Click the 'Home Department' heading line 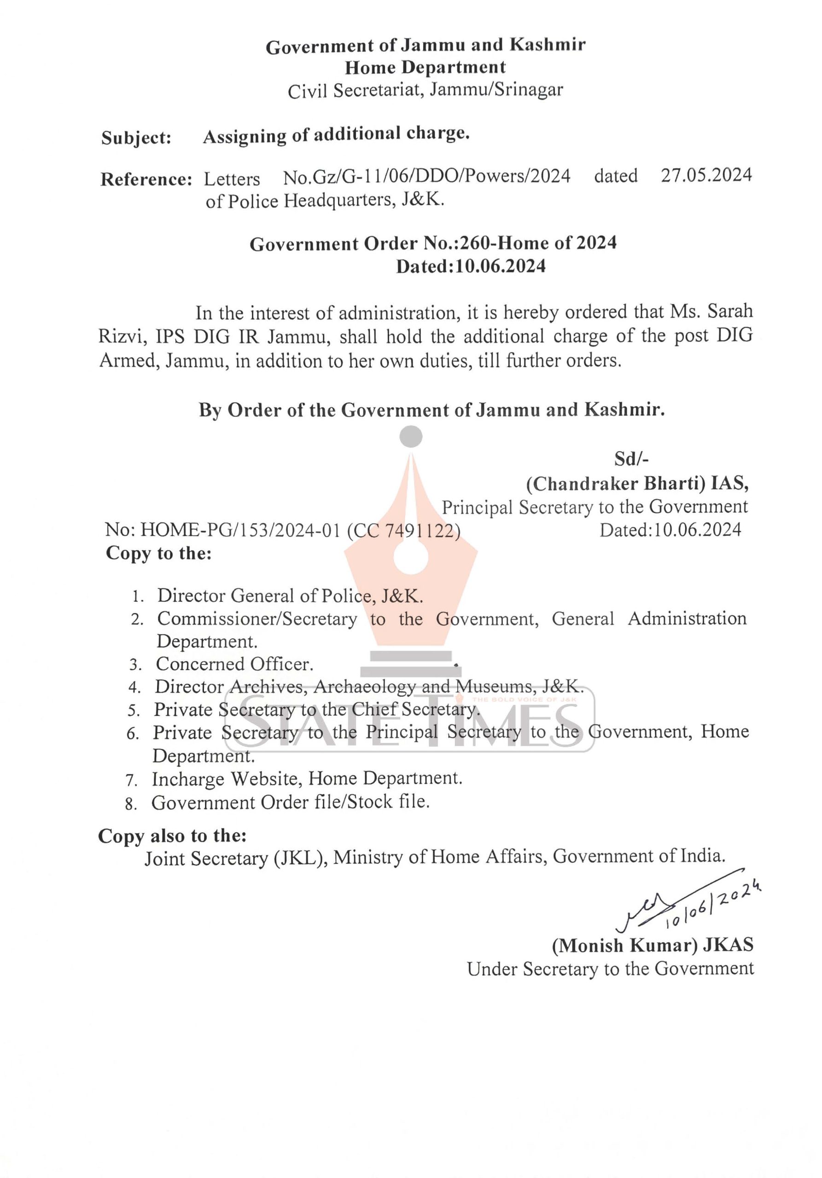[x=425, y=67]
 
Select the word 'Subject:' [x=136, y=138]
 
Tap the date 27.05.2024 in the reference [x=706, y=175]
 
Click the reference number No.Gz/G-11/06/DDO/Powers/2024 [x=426, y=177]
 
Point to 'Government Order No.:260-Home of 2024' [x=433, y=243]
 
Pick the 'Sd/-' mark [x=631, y=459]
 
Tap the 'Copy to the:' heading [x=159, y=553]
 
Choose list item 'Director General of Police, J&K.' [x=290, y=595]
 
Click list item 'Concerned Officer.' [x=234, y=664]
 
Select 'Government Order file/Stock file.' [x=290, y=802]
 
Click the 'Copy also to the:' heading [x=172, y=836]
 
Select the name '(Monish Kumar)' [x=624, y=945]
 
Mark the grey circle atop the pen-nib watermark [x=411, y=437]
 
